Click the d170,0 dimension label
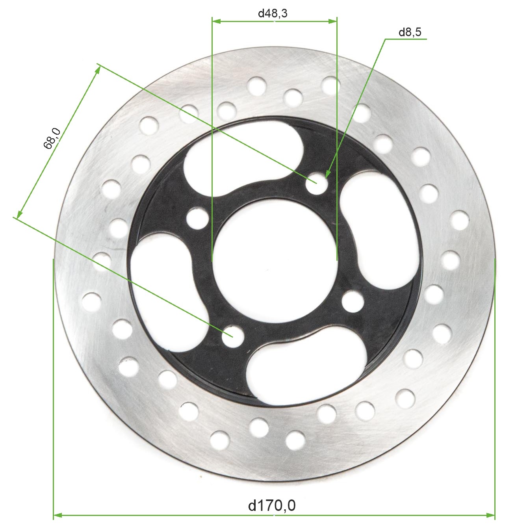(x=271, y=505)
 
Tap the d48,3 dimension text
(x=273, y=13)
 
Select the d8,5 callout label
(x=410, y=32)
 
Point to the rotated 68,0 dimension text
(x=52, y=138)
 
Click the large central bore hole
(x=275, y=260)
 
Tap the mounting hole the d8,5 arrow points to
(x=317, y=184)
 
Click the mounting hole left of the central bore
(x=197, y=219)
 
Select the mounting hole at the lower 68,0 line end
(x=233, y=336)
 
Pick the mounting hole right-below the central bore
(x=353, y=302)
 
